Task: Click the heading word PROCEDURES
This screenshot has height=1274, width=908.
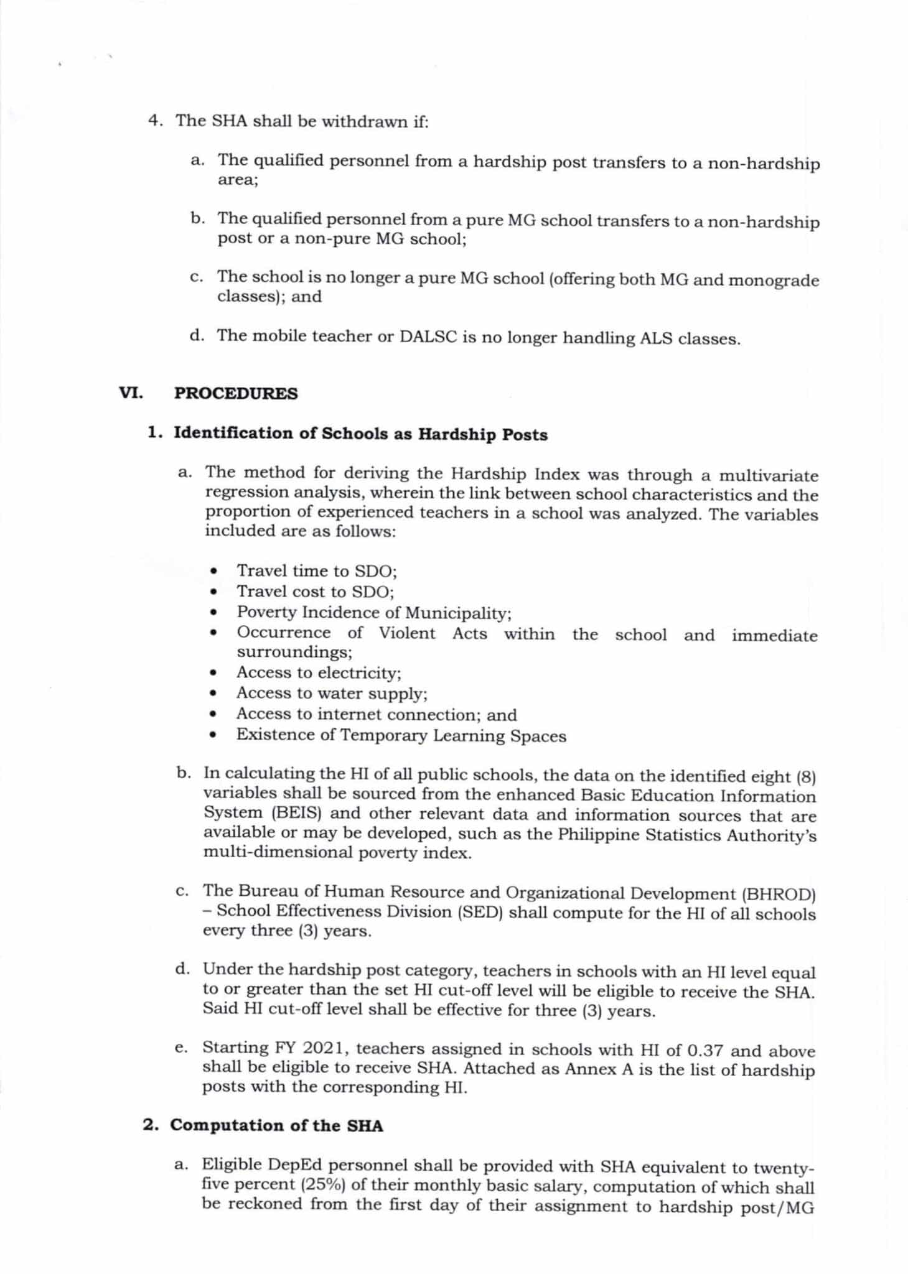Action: (x=236, y=394)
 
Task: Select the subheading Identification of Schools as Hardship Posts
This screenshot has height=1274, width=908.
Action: (x=360, y=434)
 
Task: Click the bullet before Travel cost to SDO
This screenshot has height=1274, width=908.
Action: (x=214, y=592)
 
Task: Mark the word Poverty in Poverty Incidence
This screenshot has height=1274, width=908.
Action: (x=267, y=612)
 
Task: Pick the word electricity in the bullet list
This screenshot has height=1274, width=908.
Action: (x=359, y=673)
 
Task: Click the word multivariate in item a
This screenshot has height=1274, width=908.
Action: (x=769, y=477)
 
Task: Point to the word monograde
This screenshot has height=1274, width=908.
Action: (x=774, y=281)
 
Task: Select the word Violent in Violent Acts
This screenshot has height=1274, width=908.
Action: (x=408, y=633)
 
